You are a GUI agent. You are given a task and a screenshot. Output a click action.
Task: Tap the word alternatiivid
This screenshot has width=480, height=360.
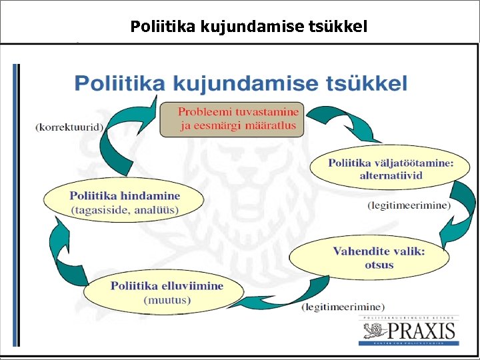tap(391, 175)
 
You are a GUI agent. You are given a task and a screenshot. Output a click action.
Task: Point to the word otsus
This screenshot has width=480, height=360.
tap(379, 265)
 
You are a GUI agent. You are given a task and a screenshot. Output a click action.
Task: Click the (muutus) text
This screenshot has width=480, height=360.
tap(167, 299)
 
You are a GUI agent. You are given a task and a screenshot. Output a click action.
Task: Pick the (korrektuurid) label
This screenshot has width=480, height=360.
tap(69, 127)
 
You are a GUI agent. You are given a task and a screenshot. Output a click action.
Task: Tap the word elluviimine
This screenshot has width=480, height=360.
tap(191, 285)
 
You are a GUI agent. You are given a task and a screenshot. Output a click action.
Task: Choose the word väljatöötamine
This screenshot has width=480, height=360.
tap(412, 162)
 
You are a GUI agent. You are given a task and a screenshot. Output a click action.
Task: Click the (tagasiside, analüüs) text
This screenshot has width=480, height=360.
tap(125, 209)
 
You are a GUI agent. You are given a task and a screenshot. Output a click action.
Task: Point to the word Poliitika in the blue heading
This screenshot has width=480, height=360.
tap(120, 83)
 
